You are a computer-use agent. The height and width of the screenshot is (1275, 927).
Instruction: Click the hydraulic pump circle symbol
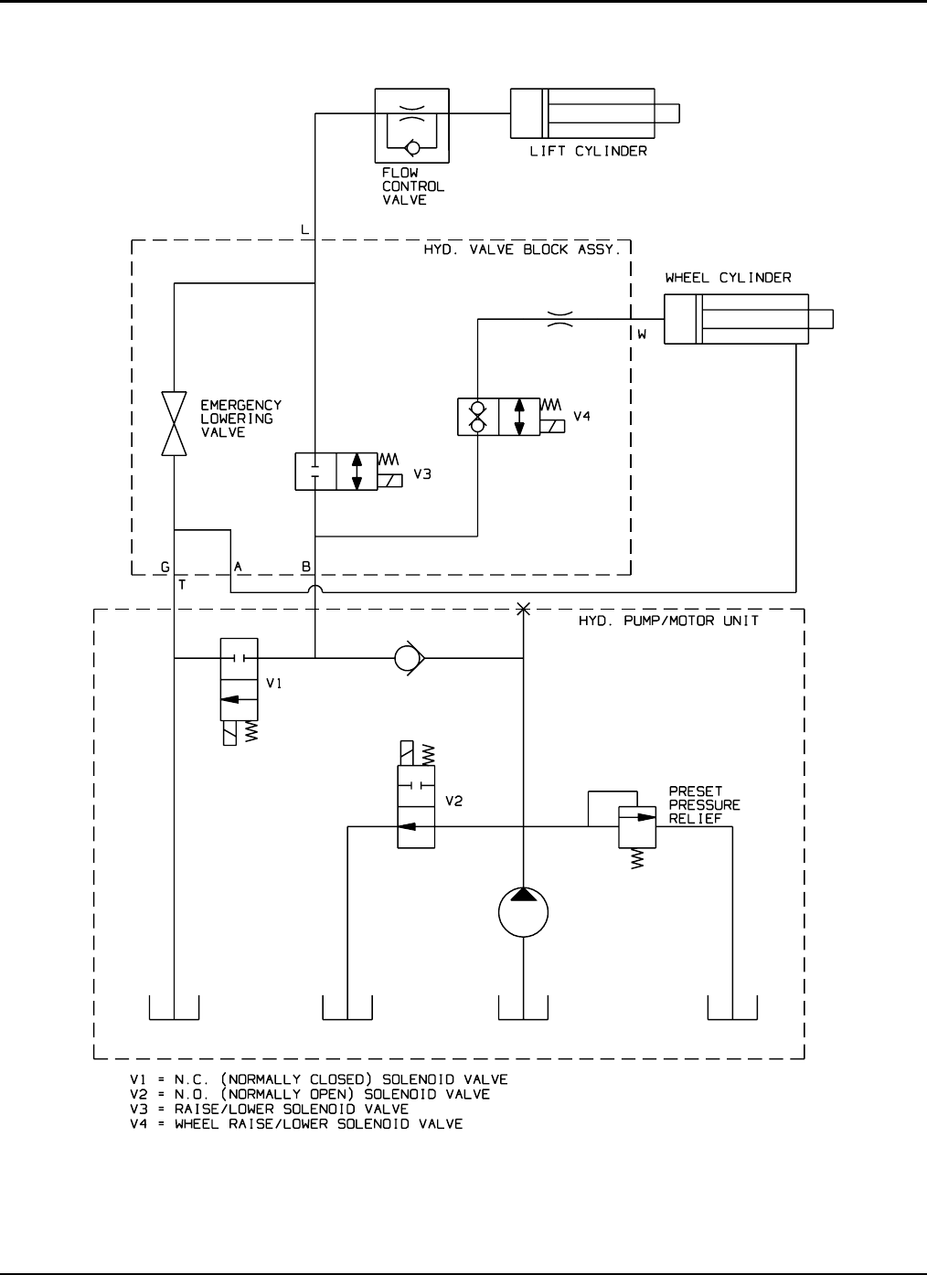(x=523, y=912)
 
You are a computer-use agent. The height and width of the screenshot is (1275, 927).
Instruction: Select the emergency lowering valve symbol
(x=174, y=423)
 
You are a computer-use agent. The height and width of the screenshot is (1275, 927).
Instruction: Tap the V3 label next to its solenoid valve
(x=422, y=474)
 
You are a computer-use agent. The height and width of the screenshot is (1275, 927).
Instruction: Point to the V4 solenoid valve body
(x=498, y=417)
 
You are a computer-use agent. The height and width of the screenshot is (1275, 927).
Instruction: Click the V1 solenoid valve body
(x=240, y=679)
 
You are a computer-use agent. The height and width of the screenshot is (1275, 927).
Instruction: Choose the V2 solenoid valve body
(x=416, y=806)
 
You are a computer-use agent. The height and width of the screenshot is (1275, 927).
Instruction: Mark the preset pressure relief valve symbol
(x=637, y=827)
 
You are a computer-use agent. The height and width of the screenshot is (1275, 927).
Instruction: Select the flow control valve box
(x=411, y=126)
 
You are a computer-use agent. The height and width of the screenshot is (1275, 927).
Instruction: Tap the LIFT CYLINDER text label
(x=588, y=152)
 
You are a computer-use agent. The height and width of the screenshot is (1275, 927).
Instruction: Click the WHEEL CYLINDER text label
(x=729, y=278)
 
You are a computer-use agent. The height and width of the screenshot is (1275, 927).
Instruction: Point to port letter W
(x=643, y=335)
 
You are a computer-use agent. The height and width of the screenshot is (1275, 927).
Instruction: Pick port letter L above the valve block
(x=304, y=229)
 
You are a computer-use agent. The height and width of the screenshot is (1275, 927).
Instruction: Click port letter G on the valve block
(x=165, y=567)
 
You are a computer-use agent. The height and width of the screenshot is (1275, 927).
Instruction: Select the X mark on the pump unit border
(x=523, y=609)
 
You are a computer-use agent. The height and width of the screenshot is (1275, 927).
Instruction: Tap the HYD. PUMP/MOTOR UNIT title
(x=668, y=621)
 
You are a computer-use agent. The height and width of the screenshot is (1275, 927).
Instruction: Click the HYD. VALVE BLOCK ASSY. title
(x=522, y=250)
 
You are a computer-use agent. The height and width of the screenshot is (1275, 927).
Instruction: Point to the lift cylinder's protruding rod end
(x=666, y=113)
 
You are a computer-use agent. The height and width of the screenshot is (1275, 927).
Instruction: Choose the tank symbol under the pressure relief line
(x=732, y=1007)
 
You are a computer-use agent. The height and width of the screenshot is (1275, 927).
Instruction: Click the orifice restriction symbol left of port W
(x=559, y=319)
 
